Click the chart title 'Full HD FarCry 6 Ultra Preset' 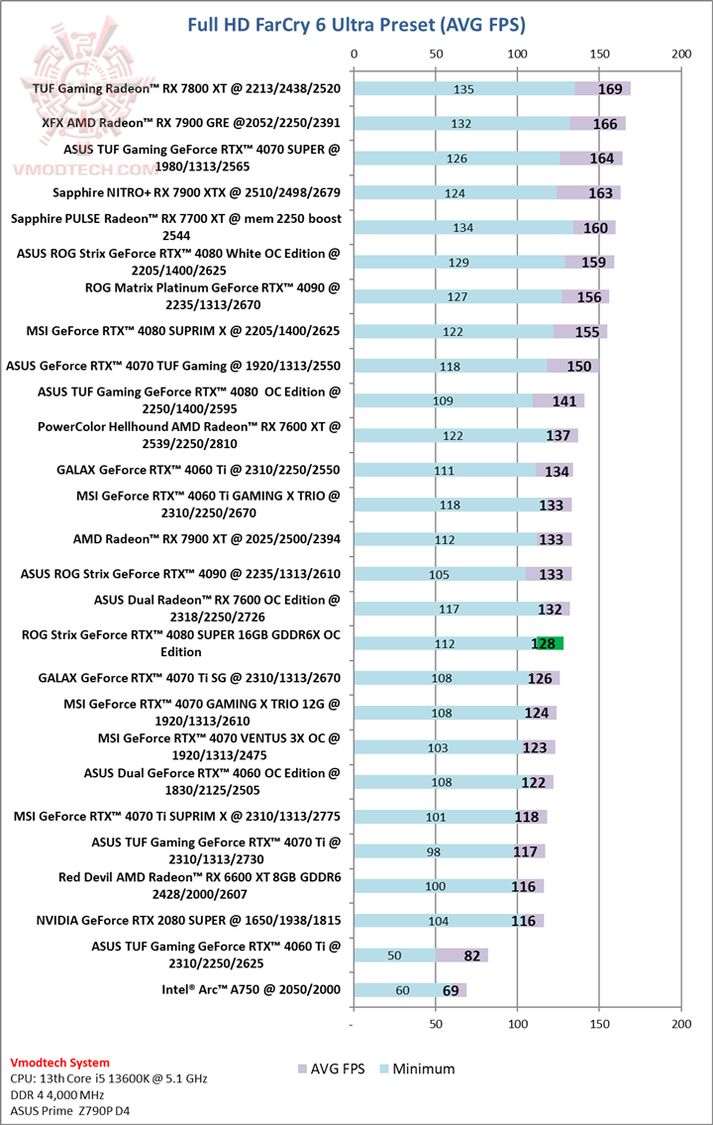pos(356,24)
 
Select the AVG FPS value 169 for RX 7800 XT pos(610,89)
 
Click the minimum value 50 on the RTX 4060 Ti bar pos(394,956)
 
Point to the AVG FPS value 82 pos(471,956)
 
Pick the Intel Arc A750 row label pos(252,989)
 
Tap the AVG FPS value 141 pos(564,400)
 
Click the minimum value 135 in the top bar pos(463,89)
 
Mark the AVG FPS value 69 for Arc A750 pos(451,989)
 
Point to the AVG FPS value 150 pos(579,367)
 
